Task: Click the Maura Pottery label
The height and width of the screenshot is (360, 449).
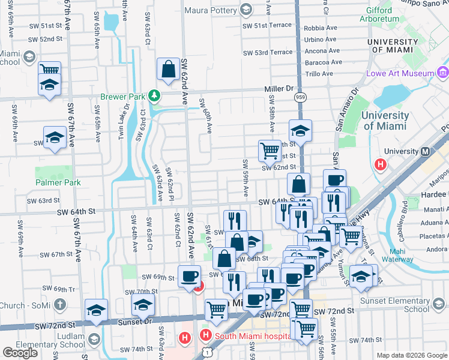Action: coord(209,10)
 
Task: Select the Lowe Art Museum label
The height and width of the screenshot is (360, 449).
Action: coord(400,73)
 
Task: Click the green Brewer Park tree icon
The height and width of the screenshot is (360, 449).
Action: coord(154,95)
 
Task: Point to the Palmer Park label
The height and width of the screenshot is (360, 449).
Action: coord(58,182)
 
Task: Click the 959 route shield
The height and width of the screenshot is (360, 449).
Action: coord(299,97)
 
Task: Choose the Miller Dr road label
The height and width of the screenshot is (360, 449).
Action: coord(279,89)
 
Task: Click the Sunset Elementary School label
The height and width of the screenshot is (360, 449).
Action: coord(400,305)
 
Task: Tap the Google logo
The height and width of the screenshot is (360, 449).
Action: coord(20,353)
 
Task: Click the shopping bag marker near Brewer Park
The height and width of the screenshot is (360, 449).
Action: coord(168,69)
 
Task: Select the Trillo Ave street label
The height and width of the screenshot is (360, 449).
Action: coord(319,73)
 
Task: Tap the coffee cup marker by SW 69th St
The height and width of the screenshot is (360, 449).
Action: coord(190,277)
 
